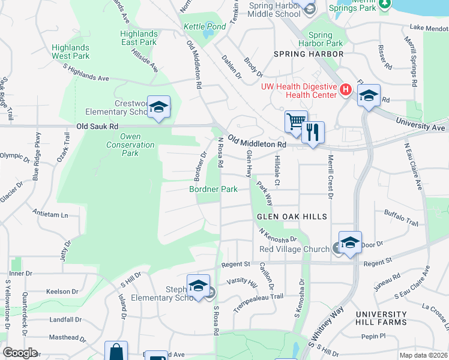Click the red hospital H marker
tap(345, 90)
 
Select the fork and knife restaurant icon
tap(312, 131)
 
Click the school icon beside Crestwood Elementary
tap(158, 107)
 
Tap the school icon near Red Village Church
tap(350, 242)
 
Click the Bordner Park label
tap(214, 189)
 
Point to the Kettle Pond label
tap(205, 27)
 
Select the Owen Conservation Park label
tap(130, 145)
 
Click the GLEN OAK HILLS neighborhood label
tap(292, 217)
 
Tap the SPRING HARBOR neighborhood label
tap(309, 54)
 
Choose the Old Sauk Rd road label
tap(97, 127)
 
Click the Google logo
tap(20, 352)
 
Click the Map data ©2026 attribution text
tap(423, 355)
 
